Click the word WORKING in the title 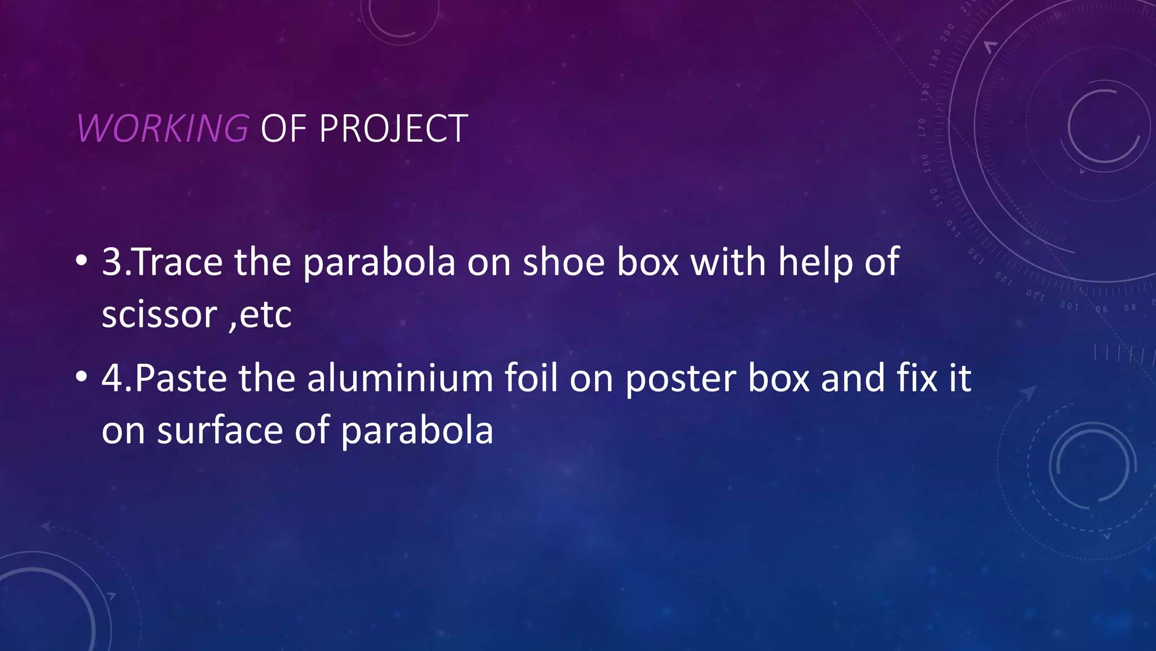(x=163, y=128)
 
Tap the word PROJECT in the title (x=393, y=129)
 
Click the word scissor (x=159, y=315)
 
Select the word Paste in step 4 (x=181, y=378)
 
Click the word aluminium (x=400, y=378)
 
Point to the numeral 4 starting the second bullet (x=112, y=378)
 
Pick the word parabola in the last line (x=417, y=431)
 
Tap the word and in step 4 (x=853, y=378)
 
